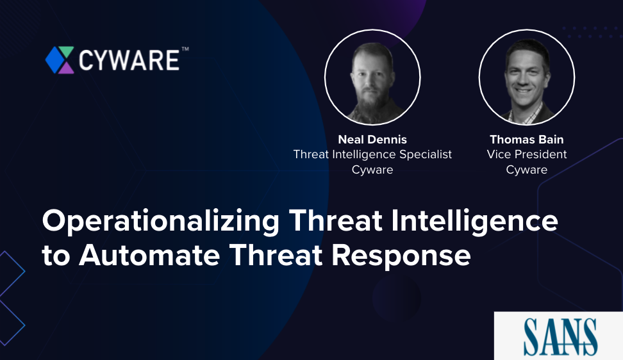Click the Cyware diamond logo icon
[60, 60]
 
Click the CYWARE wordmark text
[129, 60]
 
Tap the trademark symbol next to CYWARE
[185, 49]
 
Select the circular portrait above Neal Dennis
[372, 77]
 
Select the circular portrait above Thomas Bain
[526, 77]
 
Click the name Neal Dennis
[372, 139]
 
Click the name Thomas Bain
[526, 139]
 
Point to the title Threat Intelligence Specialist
[372, 154]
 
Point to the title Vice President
[526, 154]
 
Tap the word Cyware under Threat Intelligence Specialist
[372, 170]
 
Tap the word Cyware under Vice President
[526, 170]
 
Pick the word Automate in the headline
[149, 255]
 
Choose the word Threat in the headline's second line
[276, 255]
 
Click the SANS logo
[560, 336]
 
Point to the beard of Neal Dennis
[372, 103]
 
